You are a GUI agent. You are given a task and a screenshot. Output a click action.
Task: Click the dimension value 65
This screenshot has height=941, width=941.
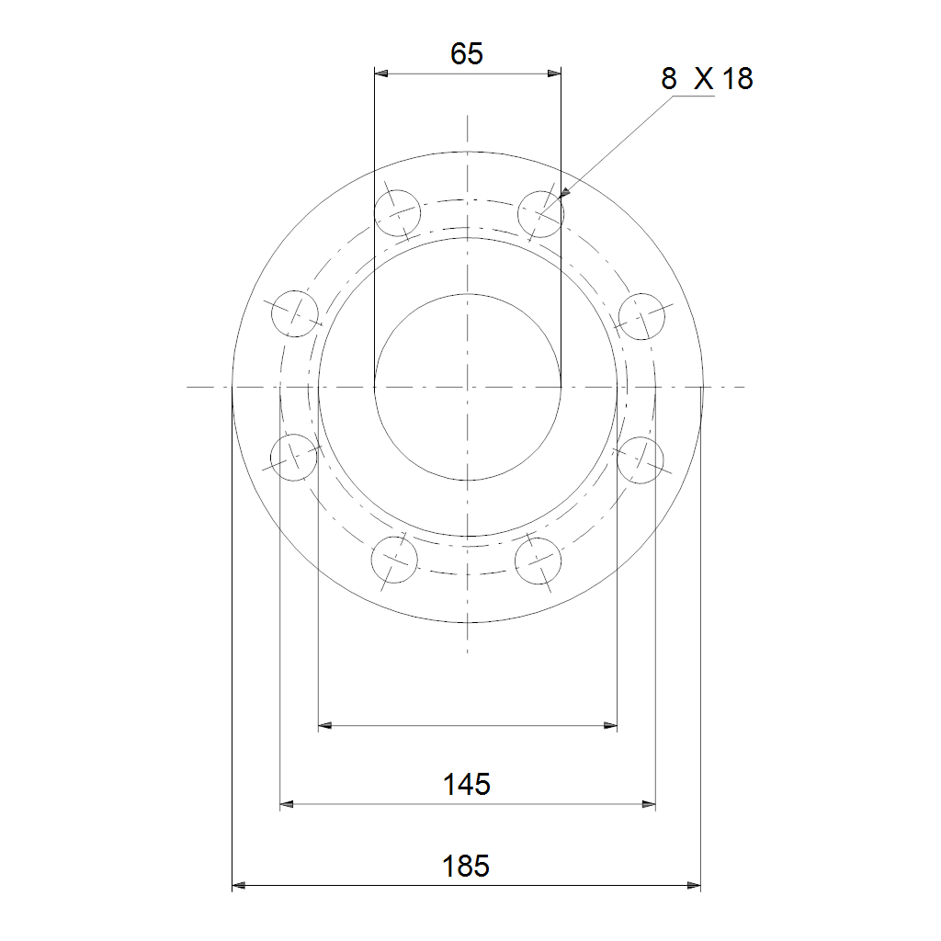pos(466,54)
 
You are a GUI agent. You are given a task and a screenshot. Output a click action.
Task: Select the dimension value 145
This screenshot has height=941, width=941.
pos(466,785)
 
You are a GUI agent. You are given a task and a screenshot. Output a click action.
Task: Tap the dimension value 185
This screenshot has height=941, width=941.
pos(466,866)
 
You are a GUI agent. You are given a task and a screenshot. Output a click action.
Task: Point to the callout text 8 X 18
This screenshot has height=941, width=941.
pos(707,79)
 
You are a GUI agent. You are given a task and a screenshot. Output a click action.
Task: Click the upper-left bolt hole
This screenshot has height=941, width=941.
pos(397,213)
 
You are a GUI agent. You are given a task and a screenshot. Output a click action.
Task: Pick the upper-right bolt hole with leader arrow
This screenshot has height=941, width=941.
pos(540,214)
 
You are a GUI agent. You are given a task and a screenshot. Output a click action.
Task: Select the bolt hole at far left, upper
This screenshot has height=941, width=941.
pos(295,313)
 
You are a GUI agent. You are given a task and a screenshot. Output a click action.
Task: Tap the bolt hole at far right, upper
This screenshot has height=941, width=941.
pos(641,316)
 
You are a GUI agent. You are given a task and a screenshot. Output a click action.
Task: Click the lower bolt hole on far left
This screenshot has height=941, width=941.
pos(293,458)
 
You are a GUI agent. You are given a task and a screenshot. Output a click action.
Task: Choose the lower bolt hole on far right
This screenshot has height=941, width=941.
pos(641,460)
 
